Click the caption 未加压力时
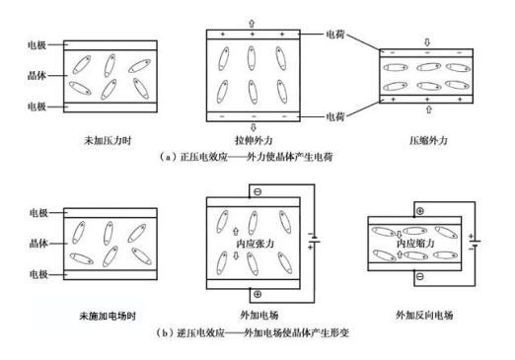pyautogui.click(x=108, y=141)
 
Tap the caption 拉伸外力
pyautogui.click(x=254, y=141)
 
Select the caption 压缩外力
pyautogui.click(x=428, y=141)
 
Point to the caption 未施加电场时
pyautogui.click(x=108, y=316)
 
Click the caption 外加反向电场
pyautogui.click(x=424, y=315)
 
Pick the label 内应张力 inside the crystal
pyautogui.click(x=256, y=244)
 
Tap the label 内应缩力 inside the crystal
pyautogui.click(x=415, y=244)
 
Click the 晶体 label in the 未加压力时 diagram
pyautogui.click(x=37, y=76)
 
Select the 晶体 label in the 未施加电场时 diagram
pyautogui.click(x=38, y=244)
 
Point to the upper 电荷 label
pyautogui.click(x=335, y=35)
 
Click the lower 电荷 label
pyautogui.click(x=335, y=116)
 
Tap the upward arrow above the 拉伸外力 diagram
pyautogui.click(x=252, y=24)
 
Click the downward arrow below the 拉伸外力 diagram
pyautogui.click(x=253, y=127)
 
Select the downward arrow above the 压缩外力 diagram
pyautogui.click(x=427, y=42)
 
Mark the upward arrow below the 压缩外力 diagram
pyautogui.click(x=428, y=109)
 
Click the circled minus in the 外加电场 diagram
pyautogui.click(x=257, y=191)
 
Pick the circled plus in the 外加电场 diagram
pyautogui.click(x=257, y=294)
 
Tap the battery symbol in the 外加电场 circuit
pyautogui.click(x=314, y=240)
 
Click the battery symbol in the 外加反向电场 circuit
pyautogui.click(x=475, y=242)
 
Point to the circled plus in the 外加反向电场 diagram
pyautogui.click(x=420, y=211)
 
